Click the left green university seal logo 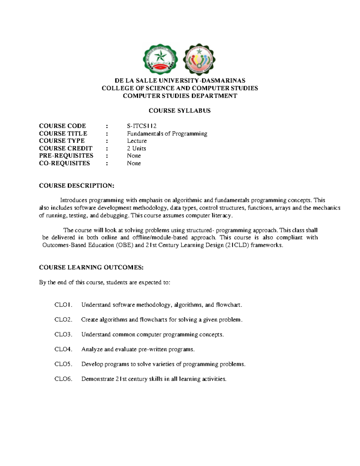pos(160,59)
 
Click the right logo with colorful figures pos(199,59)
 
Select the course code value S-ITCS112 pos(142,126)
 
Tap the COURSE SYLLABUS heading pos(180,111)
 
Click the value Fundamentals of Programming pos(167,134)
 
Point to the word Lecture pos(137,141)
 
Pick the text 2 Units pos(136,148)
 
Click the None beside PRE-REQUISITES pos(134,155)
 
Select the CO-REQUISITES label pos(64,163)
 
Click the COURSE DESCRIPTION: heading pos(76,186)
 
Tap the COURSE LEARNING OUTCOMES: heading pos(91,267)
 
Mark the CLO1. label pos(63,305)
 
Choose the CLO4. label pos(63,349)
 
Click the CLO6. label pos(63,379)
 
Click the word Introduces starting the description pos(73,200)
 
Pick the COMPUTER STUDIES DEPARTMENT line pos(180,96)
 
